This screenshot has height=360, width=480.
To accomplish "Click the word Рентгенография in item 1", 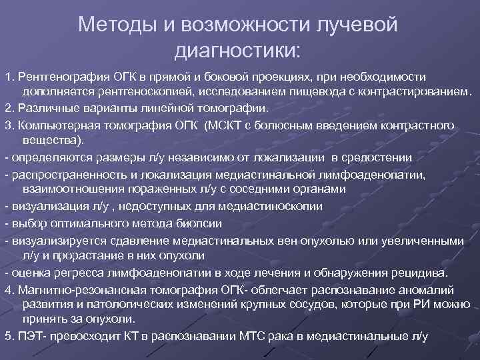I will click(58, 77).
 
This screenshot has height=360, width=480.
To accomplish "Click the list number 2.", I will click(7, 108).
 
